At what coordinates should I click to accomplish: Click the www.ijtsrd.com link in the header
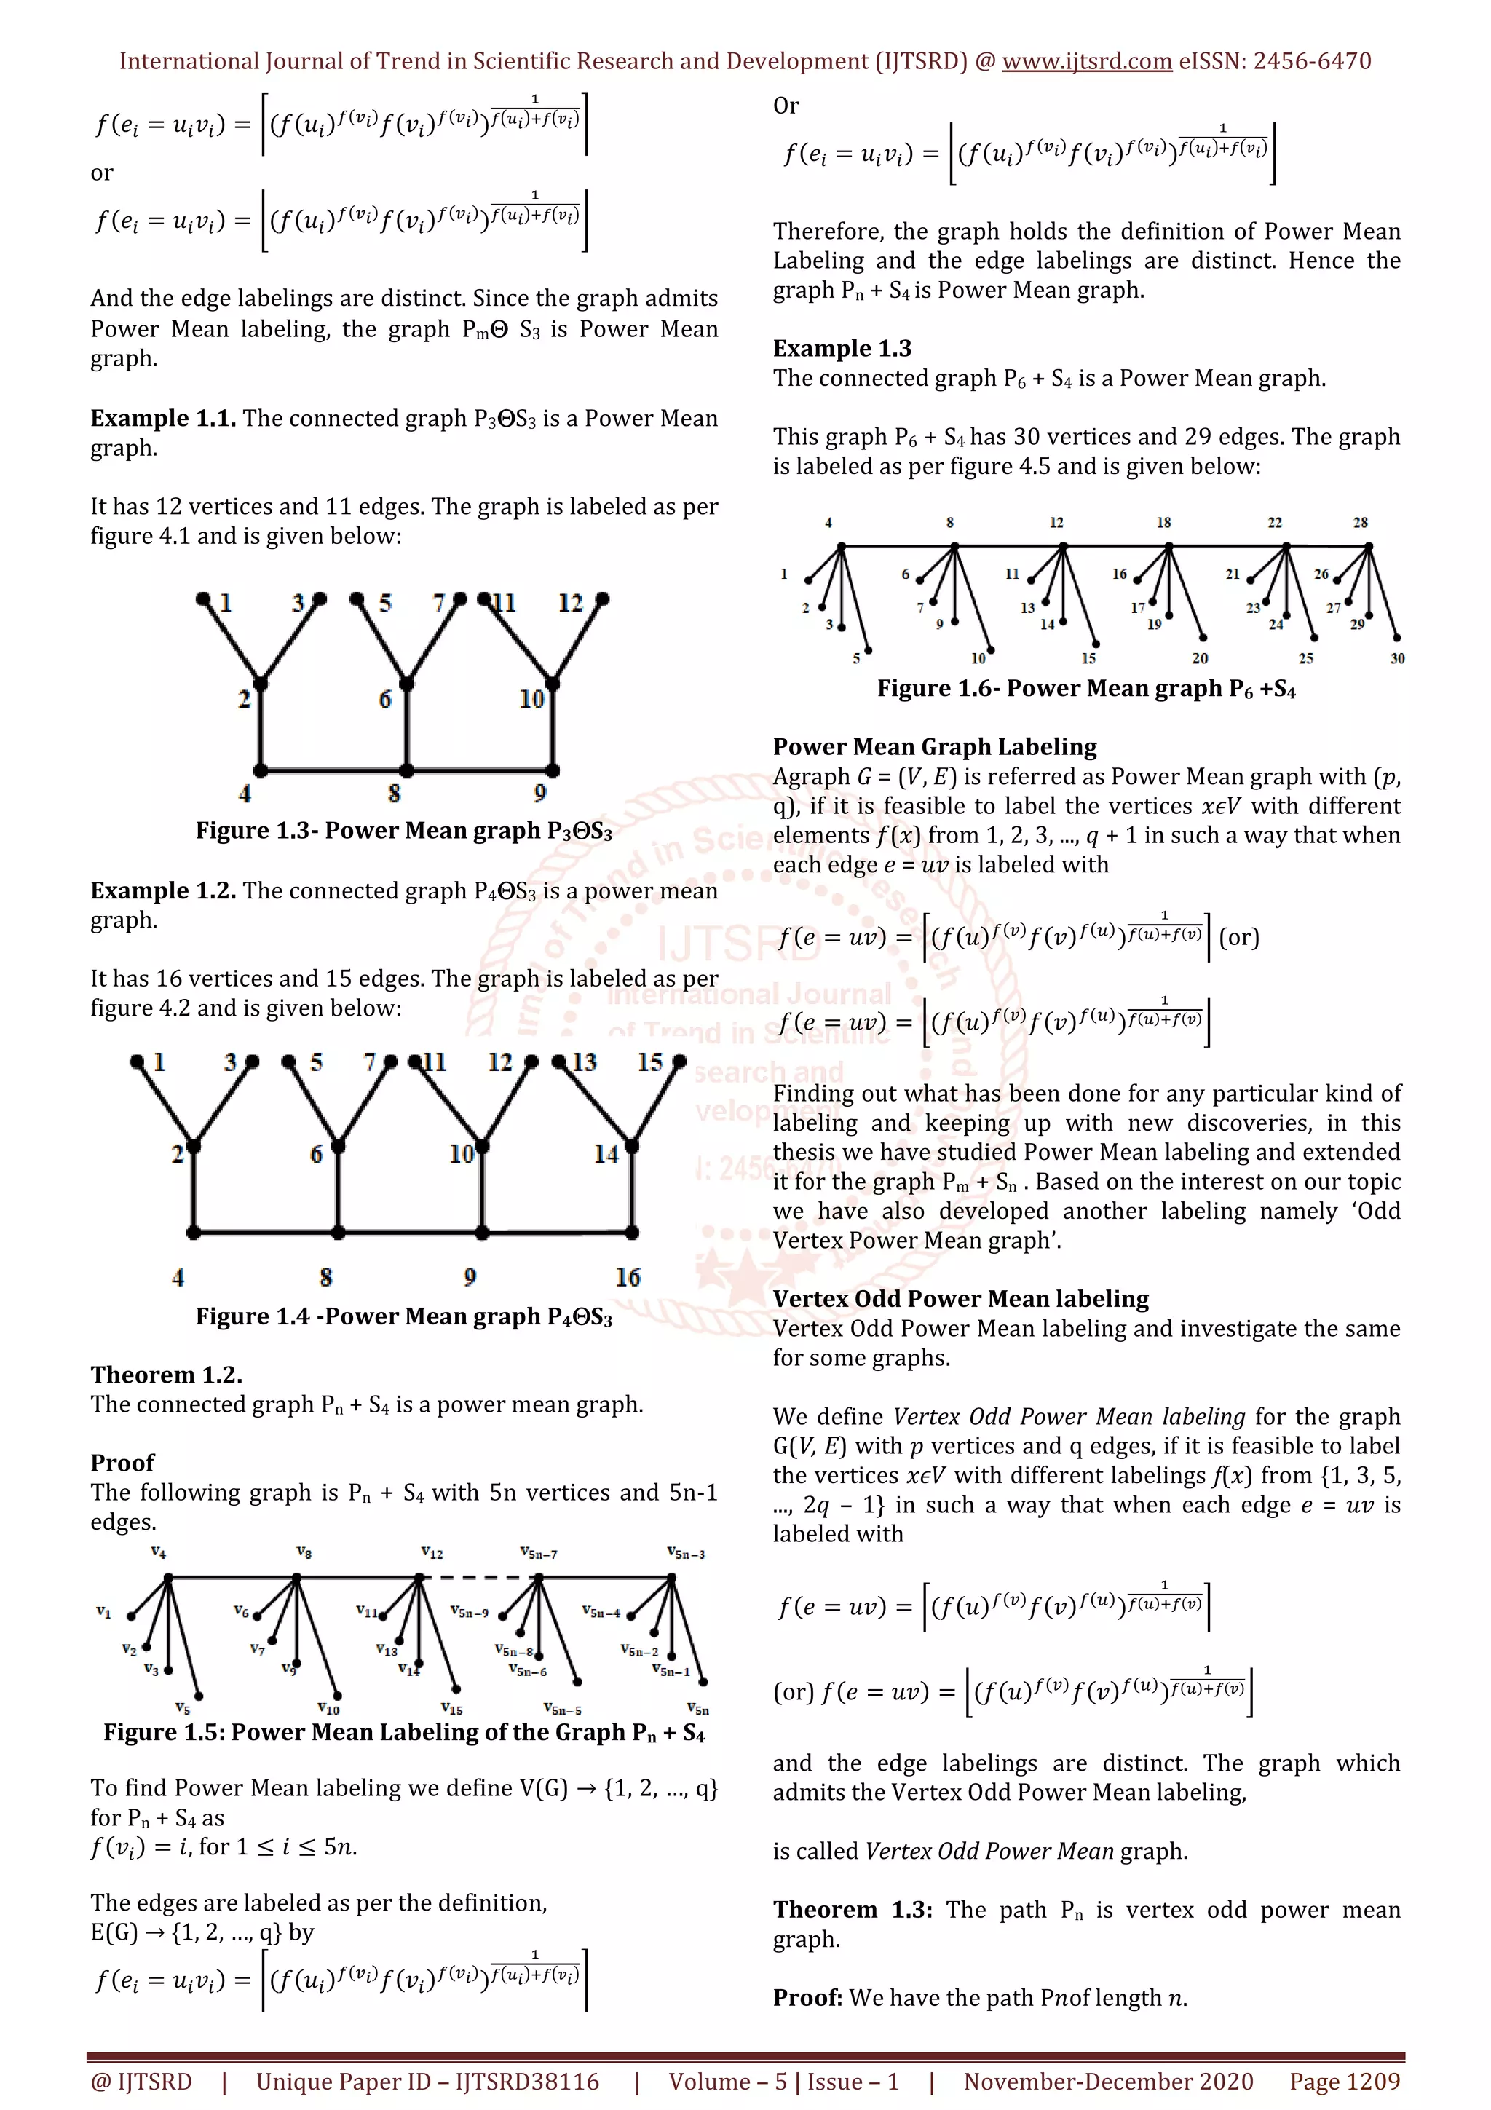[1086, 62]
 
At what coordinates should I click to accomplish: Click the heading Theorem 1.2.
[166, 1375]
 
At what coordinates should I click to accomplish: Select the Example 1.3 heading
[842, 348]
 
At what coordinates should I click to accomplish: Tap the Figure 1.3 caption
[403, 831]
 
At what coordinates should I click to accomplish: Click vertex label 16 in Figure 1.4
[628, 1276]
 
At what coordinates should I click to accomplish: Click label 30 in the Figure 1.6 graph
[1396, 658]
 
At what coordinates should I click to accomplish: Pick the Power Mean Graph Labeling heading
[934, 747]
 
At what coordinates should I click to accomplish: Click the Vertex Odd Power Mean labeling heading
[960, 1298]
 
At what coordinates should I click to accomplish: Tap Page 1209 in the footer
[1344, 2082]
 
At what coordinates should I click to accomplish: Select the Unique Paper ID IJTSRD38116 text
[427, 2082]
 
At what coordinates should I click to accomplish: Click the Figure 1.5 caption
[403, 1732]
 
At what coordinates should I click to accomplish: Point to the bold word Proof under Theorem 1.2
[122, 1462]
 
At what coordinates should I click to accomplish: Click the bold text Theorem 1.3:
[852, 1910]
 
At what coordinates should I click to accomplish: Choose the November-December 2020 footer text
[1108, 2082]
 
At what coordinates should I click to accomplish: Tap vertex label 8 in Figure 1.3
[394, 793]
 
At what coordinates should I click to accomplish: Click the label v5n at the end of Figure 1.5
[697, 1710]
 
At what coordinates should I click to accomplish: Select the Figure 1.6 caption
[1086, 689]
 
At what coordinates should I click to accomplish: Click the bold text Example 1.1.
[162, 418]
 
